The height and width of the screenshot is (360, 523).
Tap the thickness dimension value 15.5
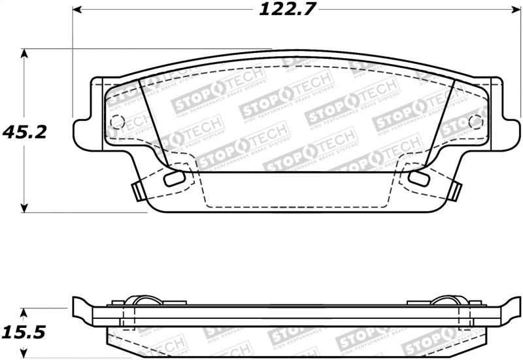pyautogui.click(x=23, y=333)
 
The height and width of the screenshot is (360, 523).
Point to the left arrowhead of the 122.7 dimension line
pyautogui.click(x=76, y=10)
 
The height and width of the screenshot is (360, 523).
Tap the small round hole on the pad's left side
pyautogui.click(x=117, y=122)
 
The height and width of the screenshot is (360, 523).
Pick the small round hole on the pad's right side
pyautogui.click(x=476, y=122)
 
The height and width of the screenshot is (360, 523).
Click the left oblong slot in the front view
pyautogui.click(x=173, y=178)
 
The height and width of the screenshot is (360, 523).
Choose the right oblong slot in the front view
pyautogui.click(x=416, y=178)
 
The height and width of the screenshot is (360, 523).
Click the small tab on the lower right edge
pyautogui.click(x=452, y=190)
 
